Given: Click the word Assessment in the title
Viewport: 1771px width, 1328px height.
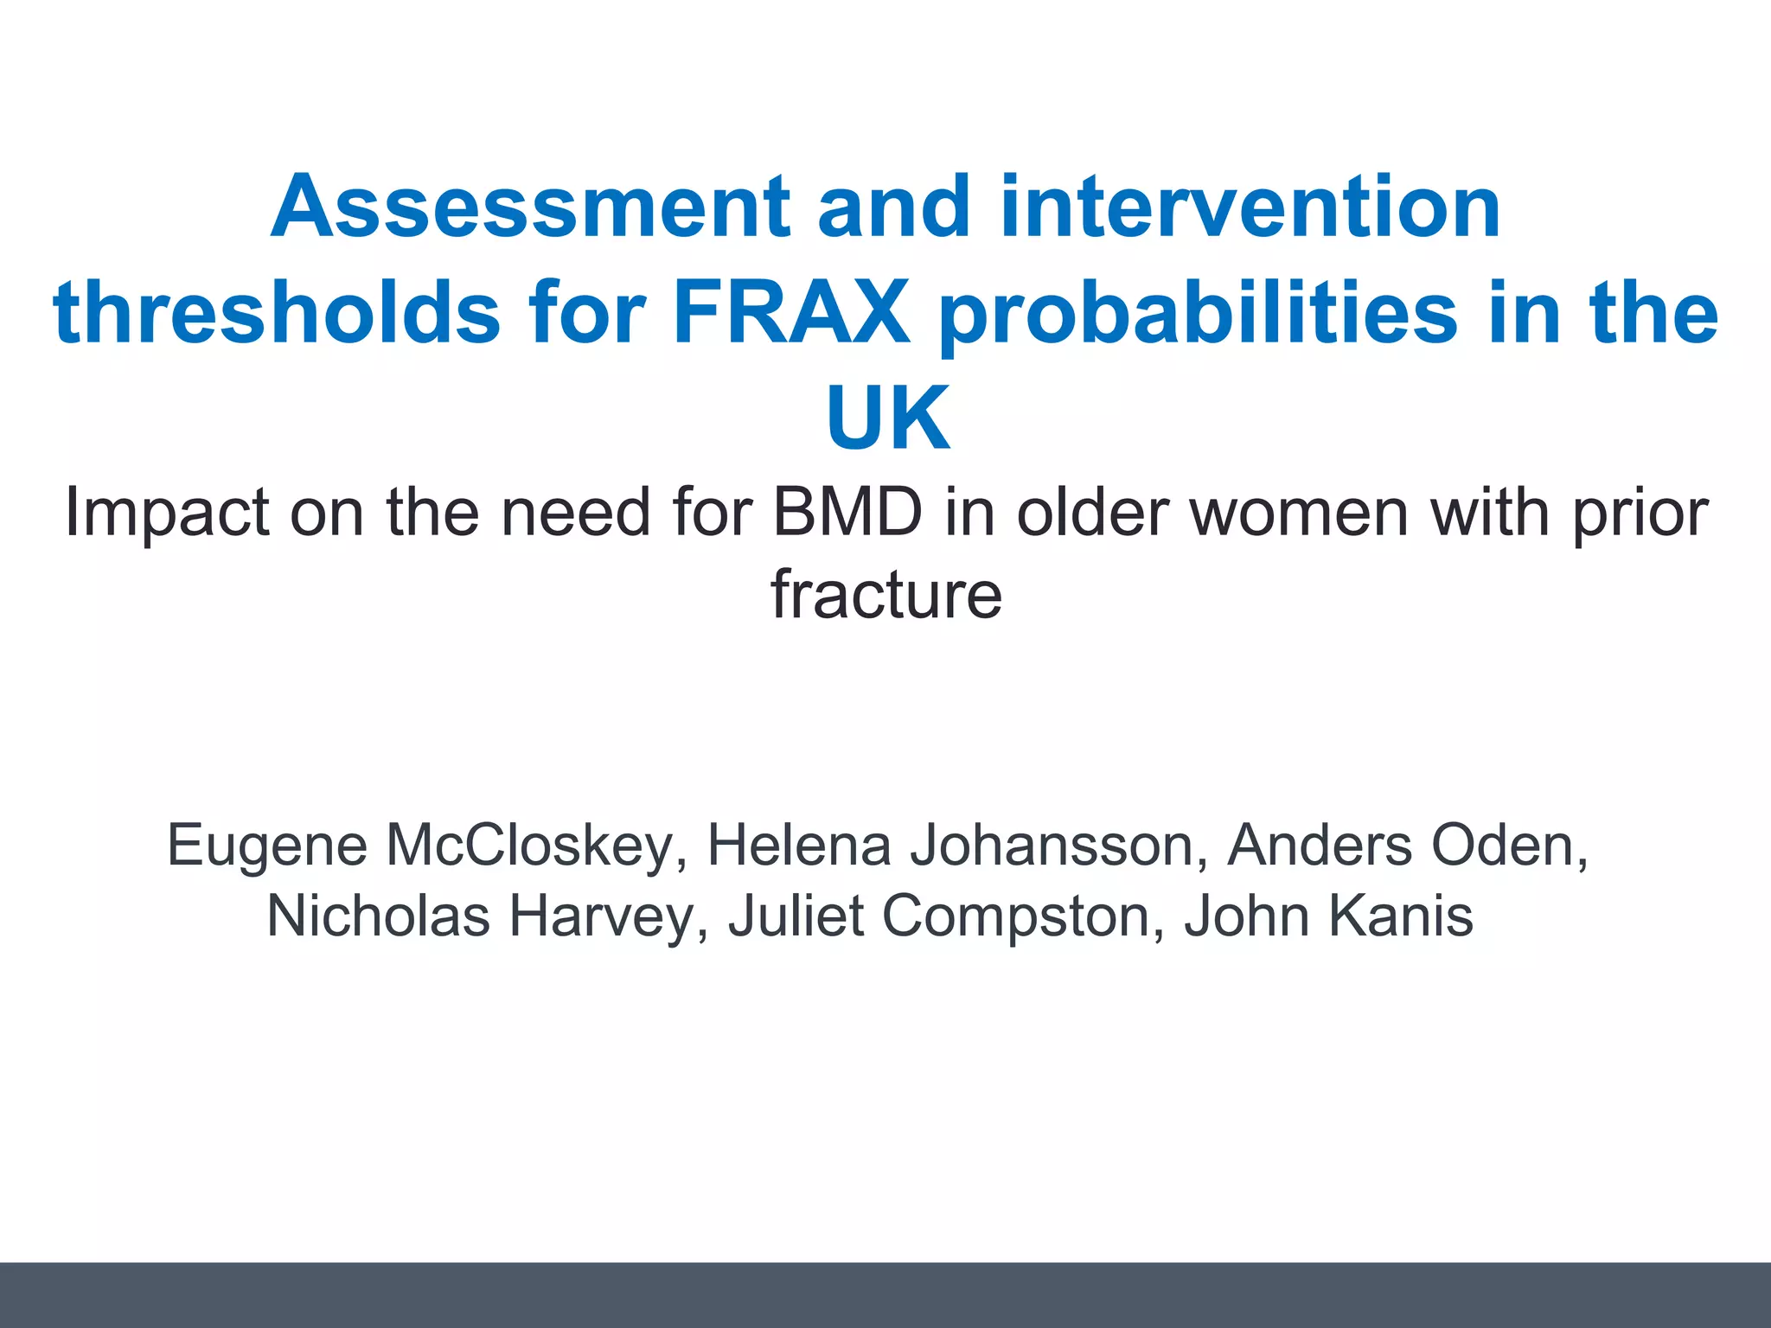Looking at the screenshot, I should (x=530, y=207).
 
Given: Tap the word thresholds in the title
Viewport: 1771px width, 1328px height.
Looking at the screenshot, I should (x=277, y=313).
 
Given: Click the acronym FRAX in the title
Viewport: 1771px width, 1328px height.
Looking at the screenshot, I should (x=790, y=313).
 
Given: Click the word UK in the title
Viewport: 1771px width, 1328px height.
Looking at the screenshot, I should (x=887, y=418).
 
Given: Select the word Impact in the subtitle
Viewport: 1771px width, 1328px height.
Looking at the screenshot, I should (x=167, y=514).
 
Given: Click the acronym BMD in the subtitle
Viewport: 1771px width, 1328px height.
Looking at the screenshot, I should (x=847, y=514).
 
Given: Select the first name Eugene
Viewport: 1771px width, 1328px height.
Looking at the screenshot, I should (x=266, y=846).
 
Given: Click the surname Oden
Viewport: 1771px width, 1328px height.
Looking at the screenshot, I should (x=1508, y=846).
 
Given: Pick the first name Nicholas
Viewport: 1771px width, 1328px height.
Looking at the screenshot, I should (x=380, y=916).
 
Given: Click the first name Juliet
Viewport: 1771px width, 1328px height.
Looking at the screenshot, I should (x=796, y=916).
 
